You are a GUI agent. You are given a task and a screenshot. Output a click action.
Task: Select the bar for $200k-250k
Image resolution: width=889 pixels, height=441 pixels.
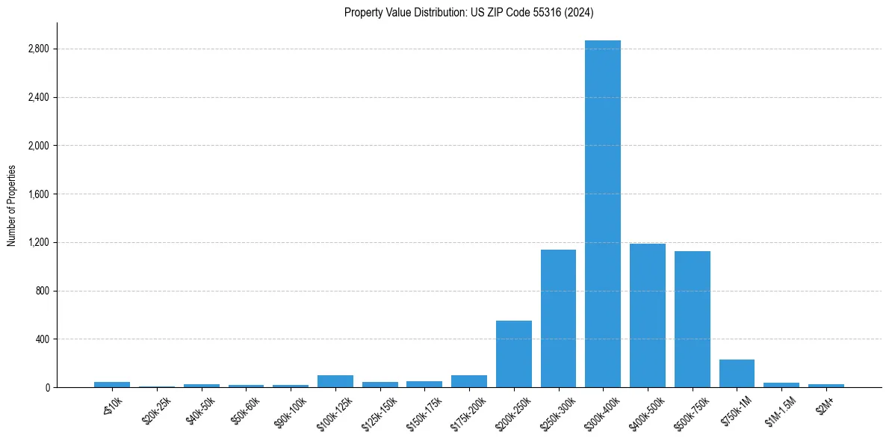click(x=514, y=354)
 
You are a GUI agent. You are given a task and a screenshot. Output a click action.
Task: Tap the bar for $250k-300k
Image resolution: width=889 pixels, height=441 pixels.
click(x=558, y=318)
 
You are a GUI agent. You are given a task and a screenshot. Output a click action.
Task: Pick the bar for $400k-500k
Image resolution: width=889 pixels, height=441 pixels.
click(x=648, y=315)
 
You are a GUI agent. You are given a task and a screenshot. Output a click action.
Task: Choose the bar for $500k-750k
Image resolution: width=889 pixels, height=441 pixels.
click(x=693, y=319)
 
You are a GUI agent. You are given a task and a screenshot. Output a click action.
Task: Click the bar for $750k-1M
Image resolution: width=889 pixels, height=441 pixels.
click(x=737, y=374)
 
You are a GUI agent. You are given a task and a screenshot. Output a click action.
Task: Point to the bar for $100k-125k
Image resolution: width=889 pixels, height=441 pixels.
click(x=335, y=381)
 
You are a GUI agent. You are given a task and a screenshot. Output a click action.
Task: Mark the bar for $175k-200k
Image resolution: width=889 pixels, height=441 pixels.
click(x=469, y=381)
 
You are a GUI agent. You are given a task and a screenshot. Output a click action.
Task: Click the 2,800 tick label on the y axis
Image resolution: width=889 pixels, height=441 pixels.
click(x=37, y=49)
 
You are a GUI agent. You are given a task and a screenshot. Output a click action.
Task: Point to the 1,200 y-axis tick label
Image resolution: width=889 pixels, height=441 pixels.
click(x=37, y=243)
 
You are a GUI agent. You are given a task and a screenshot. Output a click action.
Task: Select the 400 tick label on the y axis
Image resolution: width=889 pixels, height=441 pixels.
click(x=41, y=339)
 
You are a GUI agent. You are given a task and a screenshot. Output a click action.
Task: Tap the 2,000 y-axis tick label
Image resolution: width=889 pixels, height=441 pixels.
click(x=37, y=146)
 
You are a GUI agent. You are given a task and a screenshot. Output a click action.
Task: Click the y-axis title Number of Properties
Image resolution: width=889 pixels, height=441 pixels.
click(x=11, y=206)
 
